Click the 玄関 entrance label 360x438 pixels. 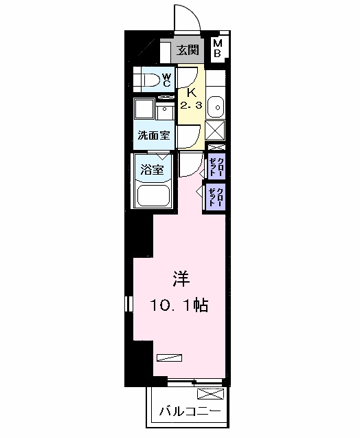pyautogui.click(x=187, y=50)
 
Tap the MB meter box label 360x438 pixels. pyautogui.click(x=217, y=48)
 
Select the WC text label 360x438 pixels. pyautogui.click(x=166, y=80)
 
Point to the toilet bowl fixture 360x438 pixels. pyautogui.click(x=148, y=80)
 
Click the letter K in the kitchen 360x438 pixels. pyautogui.click(x=192, y=93)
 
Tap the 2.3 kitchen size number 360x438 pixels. pyautogui.click(x=192, y=106)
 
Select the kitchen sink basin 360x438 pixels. pyautogui.click(x=216, y=107)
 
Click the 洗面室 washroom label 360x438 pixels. pyautogui.click(x=153, y=135)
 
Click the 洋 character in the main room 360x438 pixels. pyautogui.click(x=180, y=279)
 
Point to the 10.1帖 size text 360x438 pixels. pyautogui.click(x=180, y=305)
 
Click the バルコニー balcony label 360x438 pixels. pyautogui.click(x=190, y=412)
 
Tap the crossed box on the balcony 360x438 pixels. pyautogui.click(x=210, y=395)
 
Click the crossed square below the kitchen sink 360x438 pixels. pyautogui.click(x=216, y=130)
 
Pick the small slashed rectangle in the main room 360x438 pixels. pyautogui.click(x=170, y=356)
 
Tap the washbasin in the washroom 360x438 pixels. pyautogui.click(x=165, y=112)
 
